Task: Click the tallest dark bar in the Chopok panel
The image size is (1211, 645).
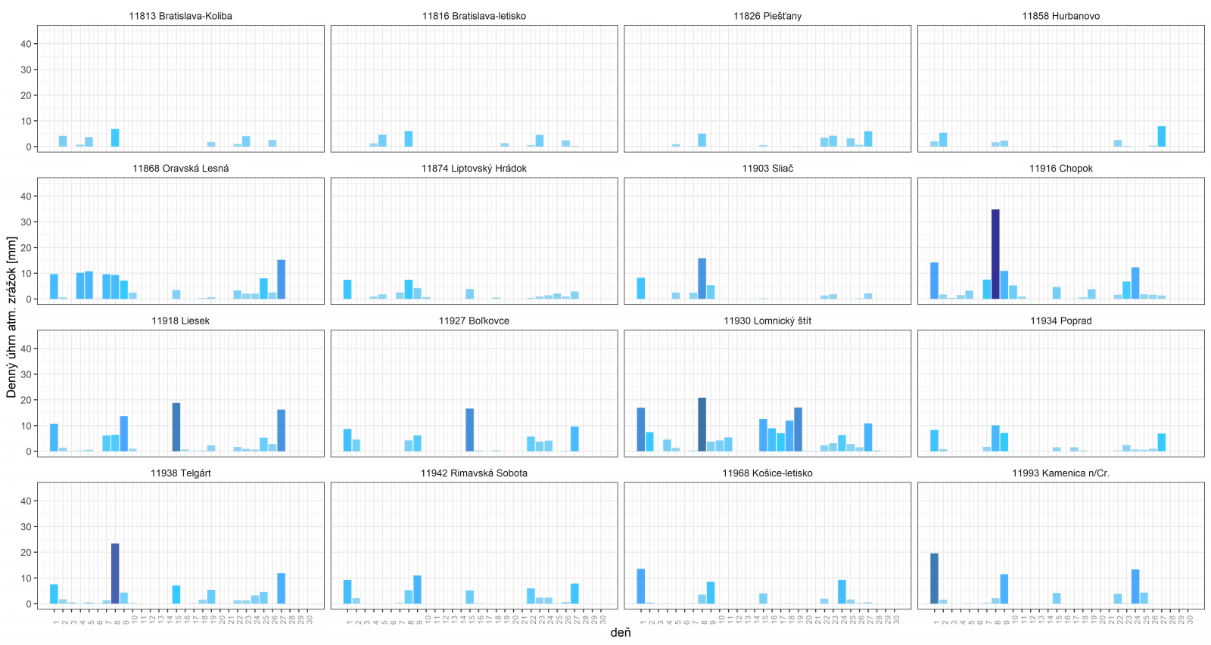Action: [x=995, y=254]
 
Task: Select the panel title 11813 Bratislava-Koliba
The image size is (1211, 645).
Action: [x=180, y=16]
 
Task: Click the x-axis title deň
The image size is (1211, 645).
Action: [x=620, y=632]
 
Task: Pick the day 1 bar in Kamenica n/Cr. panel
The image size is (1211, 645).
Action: [x=934, y=578]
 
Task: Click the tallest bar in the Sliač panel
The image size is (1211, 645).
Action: [x=702, y=278]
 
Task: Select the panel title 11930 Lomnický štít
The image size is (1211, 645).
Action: [x=767, y=321]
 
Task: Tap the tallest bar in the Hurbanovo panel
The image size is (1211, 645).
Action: [x=1161, y=136]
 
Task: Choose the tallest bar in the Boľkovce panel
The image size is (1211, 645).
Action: [x=470, y=429]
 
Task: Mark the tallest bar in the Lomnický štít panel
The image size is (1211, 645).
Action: [x=702, y=424]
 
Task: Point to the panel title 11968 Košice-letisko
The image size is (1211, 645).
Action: [x=767, y=473]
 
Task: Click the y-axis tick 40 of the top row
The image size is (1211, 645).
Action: [x=26, y=44]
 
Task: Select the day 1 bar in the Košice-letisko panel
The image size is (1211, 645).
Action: [x=641, y=586]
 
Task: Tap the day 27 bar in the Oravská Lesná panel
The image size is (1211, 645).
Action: [x=282, y=279]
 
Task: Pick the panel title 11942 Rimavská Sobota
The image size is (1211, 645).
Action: [x=474, y=473]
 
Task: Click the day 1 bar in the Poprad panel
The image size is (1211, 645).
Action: [x=934, y=441]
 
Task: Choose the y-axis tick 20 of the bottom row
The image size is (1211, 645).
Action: [x=26, y=553]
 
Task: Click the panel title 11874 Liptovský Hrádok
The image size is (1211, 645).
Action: [x=474, y=169]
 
